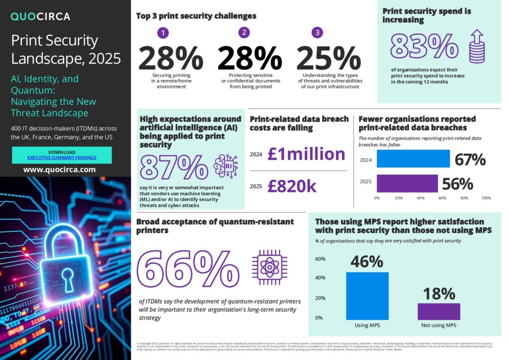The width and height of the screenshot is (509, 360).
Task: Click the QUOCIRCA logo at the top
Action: coord(40,16)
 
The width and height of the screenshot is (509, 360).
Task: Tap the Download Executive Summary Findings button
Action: coord(62,155)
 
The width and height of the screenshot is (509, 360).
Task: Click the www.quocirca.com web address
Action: coord(59,170)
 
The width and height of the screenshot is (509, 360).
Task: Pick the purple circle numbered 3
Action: coord(317,33)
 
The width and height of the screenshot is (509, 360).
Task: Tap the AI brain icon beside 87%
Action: coord(225,167)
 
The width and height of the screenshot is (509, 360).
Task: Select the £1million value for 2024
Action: coord(306,154)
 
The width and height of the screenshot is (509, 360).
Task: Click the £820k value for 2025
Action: coord(291,186)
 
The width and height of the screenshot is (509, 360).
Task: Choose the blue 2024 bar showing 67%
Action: coord(413,159)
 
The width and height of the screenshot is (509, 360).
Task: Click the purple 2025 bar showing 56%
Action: coord(407,183)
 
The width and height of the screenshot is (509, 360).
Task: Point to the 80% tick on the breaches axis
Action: coord(464,198)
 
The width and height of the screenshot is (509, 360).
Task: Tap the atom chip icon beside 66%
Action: coord(269,268)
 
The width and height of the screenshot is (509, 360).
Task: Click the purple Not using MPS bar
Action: coord(438,311)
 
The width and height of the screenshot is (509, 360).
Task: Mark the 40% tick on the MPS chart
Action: coord(321,278)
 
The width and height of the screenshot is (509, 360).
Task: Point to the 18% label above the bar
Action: coord(439,293)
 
